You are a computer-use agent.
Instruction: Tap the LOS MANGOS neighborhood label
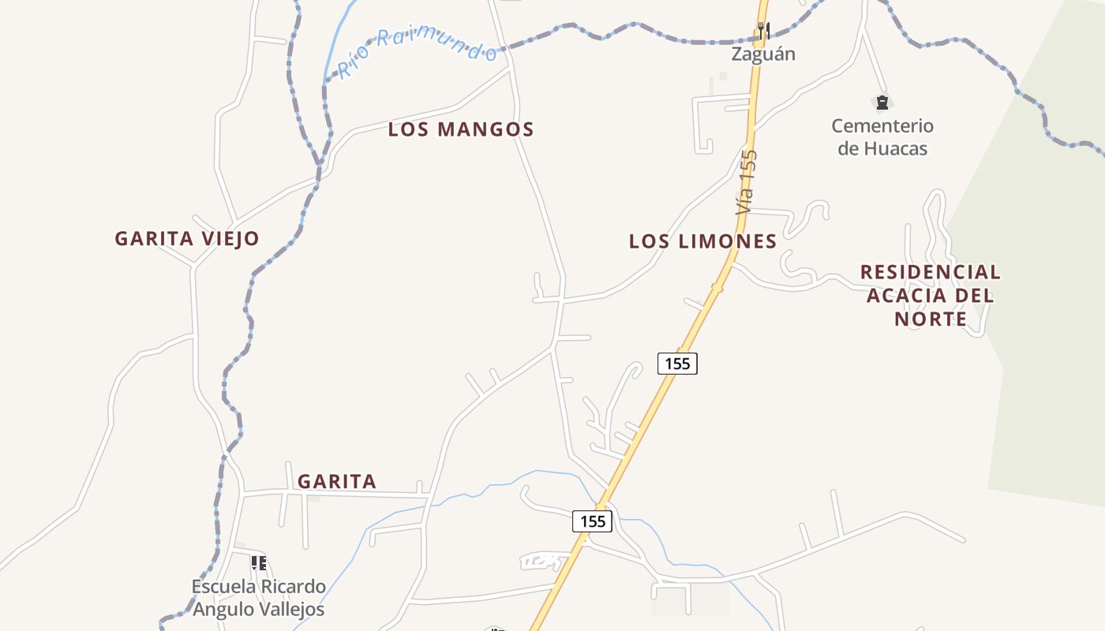tap(461, 129)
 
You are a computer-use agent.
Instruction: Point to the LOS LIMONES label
tap(702, 241)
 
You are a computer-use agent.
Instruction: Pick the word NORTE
tap(931, 319)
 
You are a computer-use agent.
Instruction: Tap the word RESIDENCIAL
tap(930, 272)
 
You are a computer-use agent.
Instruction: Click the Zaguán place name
tap(762, 54)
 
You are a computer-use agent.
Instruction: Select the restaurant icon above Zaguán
tap(763, 30)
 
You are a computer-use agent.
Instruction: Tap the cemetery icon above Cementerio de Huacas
tap(882, 103)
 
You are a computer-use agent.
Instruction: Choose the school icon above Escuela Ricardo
tap(258, 562)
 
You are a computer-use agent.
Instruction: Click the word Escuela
tap(224, 587)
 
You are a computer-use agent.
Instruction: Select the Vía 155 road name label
tap(746, 182)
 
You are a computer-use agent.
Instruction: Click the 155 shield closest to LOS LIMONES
tap(677, 363)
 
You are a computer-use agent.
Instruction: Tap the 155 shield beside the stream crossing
tap(592, 521)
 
